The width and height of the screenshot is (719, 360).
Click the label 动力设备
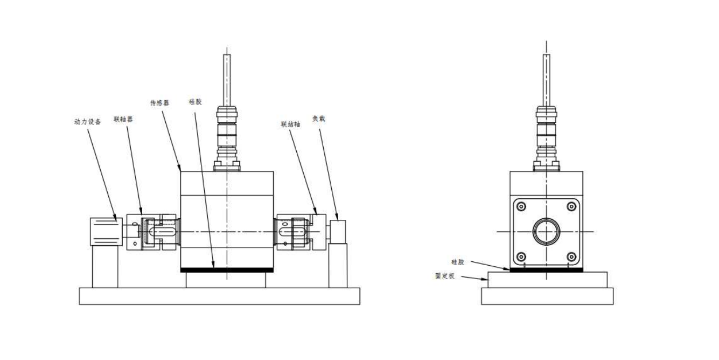87,122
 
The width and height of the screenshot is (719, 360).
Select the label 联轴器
123,119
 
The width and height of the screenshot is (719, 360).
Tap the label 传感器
159,102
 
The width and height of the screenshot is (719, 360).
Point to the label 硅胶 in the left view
196,101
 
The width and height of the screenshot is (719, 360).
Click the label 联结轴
290,123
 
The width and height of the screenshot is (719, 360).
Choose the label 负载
319,118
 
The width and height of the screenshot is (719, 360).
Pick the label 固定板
446,276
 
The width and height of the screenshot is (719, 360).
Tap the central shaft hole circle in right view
546,232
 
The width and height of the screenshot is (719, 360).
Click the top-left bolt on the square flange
520,206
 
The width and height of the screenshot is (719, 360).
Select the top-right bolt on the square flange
571,206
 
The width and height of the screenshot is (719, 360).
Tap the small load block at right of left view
338,231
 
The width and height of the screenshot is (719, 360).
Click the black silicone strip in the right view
546,269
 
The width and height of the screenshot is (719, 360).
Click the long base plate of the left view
220,296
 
